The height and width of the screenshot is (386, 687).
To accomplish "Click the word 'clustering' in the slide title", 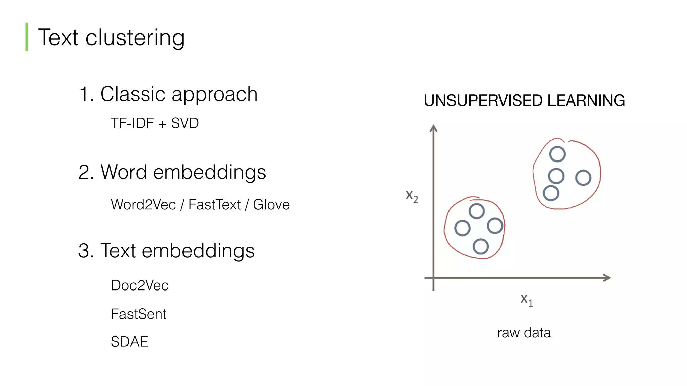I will coord(135,38).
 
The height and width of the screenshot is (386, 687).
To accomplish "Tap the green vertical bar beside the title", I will coord(27,37).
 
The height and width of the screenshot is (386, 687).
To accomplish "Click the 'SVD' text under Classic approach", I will coord(185,123).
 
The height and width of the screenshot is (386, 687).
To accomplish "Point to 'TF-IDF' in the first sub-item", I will coord(132,123).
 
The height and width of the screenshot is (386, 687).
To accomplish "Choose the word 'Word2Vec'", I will coord(143,205).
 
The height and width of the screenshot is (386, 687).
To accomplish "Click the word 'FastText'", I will coord(214,205).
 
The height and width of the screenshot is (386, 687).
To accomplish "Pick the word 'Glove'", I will coord(271,205).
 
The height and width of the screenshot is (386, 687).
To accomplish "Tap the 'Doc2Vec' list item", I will coord(140,285).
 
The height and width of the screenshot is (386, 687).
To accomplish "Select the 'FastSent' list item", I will coord(139,314).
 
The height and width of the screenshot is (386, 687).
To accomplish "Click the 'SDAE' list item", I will coord(129,342).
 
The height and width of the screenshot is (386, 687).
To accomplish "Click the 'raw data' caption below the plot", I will coord(524,333).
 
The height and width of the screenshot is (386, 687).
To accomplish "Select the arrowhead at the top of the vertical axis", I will coord(434,128).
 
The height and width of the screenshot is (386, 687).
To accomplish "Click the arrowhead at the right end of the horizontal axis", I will coord(607,278).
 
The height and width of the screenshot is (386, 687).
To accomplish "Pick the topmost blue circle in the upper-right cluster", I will coord(557,154).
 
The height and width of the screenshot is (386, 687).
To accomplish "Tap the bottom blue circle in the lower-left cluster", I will coord(481,247).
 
